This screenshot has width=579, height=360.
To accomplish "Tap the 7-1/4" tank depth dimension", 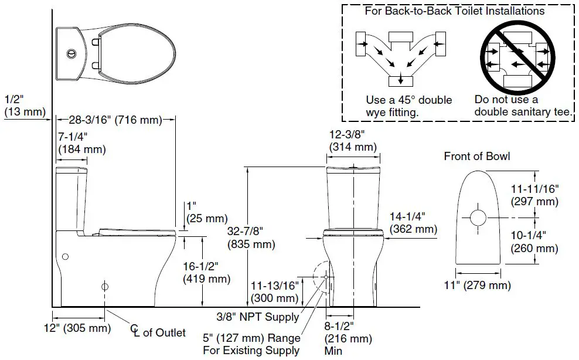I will coord(81,142).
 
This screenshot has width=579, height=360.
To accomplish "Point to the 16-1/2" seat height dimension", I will coord(206,273).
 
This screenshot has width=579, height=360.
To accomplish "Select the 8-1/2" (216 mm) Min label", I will coord(348,338).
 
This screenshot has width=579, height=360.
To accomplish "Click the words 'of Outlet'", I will coord(164,333).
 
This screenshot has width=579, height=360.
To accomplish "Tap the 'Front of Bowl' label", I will coord(476,156).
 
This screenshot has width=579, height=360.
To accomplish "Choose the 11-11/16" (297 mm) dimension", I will coord(534,195).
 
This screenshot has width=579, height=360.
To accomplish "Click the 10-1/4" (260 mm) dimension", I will coord(534,242).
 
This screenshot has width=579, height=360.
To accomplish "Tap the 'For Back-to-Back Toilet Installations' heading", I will coord(454,11).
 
